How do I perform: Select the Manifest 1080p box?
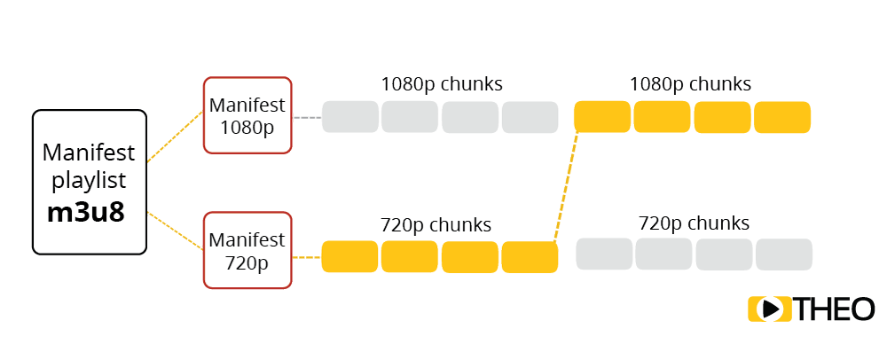click(x=247, y=116)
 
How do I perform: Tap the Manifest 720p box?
click(x=247, y=250)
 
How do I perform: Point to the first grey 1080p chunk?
click(x=349, y=117)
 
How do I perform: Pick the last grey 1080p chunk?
click(x=530, y=117)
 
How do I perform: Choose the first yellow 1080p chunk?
click(x=602, y=116)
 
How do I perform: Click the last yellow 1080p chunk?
click(x=782, y=116)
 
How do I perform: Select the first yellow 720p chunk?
click(x=349, y=256)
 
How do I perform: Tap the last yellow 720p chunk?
click(x=530, y=256)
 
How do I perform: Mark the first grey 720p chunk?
click(x=604, y=254)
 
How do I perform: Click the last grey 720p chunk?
click(x=784, y=254)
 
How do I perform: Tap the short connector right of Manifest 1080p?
click(x=306, y=117)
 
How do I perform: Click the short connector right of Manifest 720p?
click(x=306, y=257)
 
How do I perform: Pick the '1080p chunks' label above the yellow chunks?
click(x=690, y=84)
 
